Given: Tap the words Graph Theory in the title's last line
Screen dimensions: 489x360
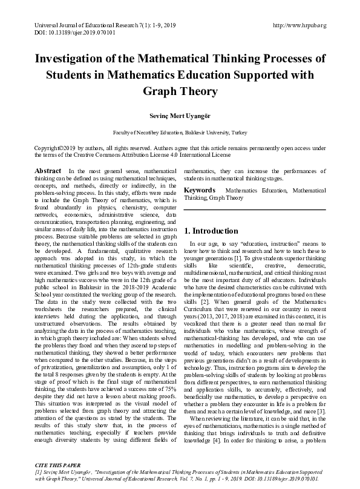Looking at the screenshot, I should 180,91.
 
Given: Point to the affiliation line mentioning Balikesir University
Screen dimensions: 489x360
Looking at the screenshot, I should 180,132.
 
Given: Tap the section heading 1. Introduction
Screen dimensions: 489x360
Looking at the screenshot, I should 211,231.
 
